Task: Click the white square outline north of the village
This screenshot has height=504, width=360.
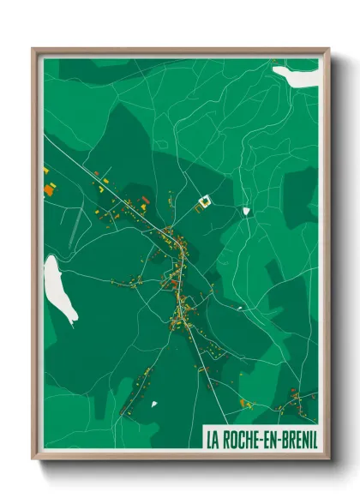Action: pos(204,203)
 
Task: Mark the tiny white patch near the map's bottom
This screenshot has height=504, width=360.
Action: pos(153,404)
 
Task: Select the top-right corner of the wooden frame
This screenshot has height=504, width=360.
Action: pos(327,50)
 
